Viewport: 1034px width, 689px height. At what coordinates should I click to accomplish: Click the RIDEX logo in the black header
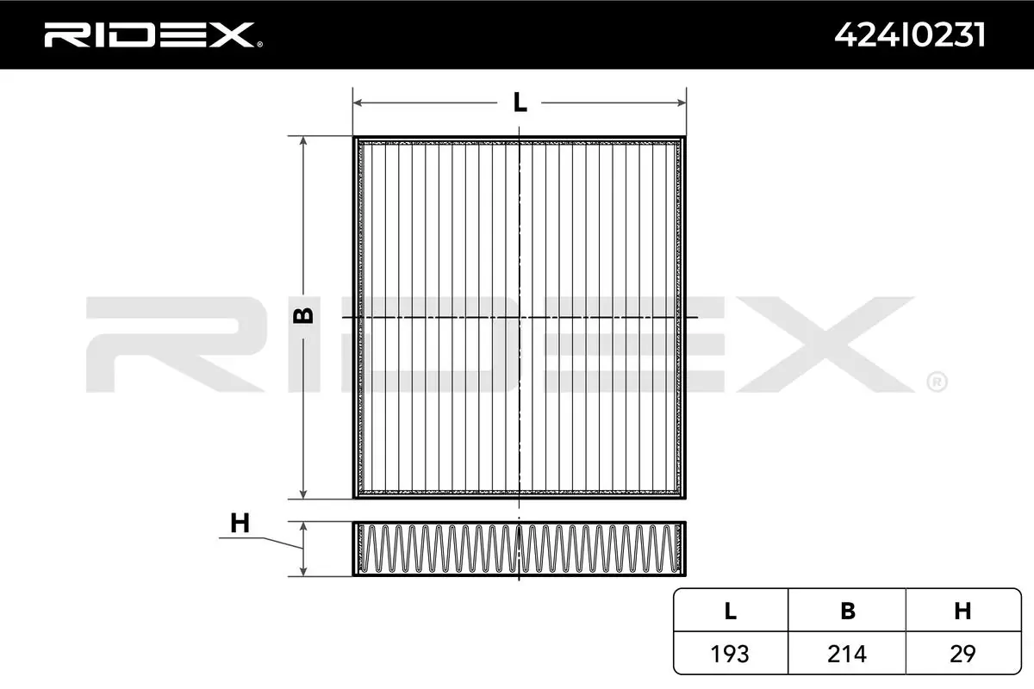click(153, 35)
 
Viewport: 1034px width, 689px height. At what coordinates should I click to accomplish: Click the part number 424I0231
click(910, 35)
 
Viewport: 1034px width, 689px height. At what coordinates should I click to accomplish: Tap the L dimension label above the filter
click(520, 102)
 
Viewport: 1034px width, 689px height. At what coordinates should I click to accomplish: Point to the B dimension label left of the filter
click(303, 316)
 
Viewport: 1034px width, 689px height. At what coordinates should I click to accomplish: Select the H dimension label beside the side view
click(240, 523)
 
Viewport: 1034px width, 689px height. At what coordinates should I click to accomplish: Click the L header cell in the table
click(731, 611)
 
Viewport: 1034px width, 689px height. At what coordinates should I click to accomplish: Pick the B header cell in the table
click(848, 611)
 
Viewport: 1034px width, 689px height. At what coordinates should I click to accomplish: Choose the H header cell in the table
click(962, 611)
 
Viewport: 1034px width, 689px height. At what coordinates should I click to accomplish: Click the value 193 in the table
click(730, 654)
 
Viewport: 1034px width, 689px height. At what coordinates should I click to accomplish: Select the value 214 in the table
click(847, 654)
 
